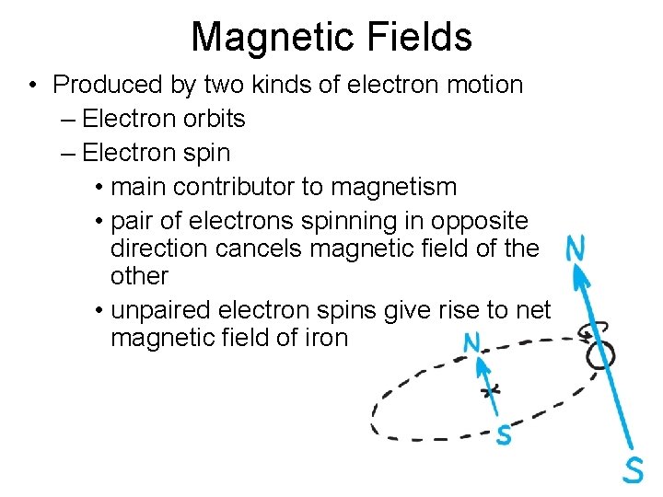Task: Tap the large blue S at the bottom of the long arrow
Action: point(632,469)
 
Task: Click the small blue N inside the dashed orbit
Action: point(471,343)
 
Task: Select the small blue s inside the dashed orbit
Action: point(503,433)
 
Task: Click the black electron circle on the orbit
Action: point(599,353)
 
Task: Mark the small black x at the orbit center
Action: point(492,389)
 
